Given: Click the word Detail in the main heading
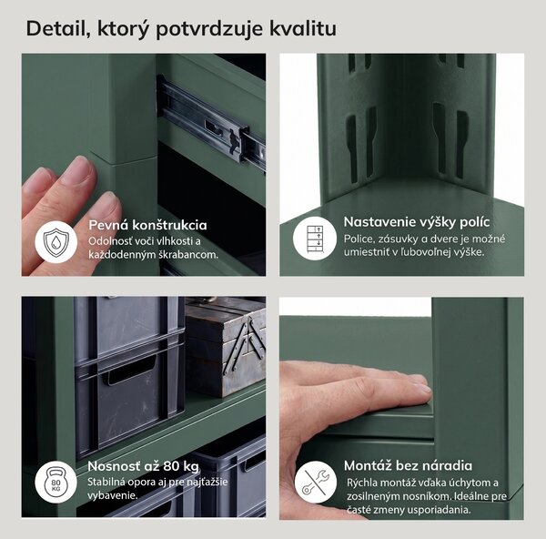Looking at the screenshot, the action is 58,28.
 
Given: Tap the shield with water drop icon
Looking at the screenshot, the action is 56,241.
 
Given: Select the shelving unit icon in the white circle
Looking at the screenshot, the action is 315,239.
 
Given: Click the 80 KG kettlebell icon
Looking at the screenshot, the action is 56,482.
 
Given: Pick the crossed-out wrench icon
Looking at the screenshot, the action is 315,483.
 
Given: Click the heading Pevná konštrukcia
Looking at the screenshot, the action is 147,225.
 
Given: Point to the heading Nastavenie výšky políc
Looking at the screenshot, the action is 417,222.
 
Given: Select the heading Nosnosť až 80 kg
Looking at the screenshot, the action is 143,466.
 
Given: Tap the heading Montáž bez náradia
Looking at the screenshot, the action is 408,465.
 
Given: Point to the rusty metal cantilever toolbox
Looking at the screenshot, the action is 226,347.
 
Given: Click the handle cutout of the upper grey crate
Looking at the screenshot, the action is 132,371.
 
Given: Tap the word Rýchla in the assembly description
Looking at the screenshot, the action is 362,483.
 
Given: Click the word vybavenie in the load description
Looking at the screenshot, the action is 112,496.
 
